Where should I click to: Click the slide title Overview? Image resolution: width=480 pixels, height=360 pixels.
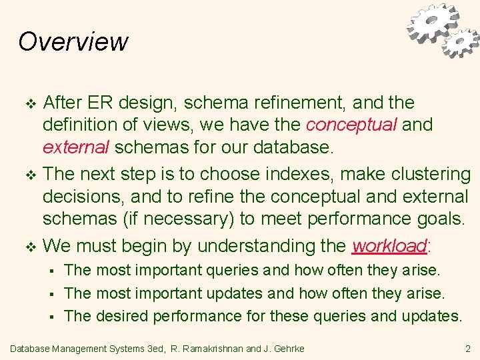73,41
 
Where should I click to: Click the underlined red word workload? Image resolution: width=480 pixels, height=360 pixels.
389,246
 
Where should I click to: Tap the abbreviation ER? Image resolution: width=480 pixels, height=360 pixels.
97,103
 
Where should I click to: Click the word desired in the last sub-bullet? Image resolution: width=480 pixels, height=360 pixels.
122,315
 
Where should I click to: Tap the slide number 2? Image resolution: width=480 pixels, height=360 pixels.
467,348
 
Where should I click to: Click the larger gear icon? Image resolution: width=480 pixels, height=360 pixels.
432,23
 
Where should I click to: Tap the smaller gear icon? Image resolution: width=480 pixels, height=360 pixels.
460,43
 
